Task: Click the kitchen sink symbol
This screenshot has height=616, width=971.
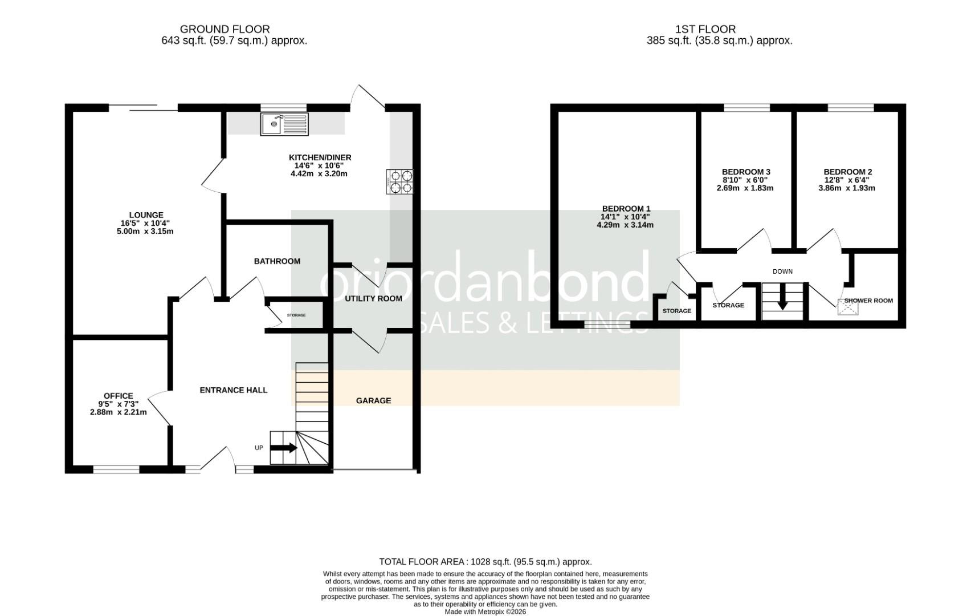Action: [x=284, y=124]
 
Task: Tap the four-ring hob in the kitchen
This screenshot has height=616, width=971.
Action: [x=399, y=182]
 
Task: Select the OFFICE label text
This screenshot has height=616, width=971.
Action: [x=119, y=396]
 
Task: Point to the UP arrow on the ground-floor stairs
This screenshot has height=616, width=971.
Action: [x=283, y=448]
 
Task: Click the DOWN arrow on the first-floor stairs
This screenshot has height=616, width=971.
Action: [x=782, y=298]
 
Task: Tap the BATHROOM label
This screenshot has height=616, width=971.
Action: [x=277, y=261]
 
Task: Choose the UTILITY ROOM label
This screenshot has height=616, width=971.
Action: [x=374, y=298]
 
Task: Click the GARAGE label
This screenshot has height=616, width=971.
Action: [x=374, y=400]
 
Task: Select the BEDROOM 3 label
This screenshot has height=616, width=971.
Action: [x=746, y=172]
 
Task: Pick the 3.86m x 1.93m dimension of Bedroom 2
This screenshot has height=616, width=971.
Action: [x=847, y=188]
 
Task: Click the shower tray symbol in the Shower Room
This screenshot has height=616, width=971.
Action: [x=847, y=307]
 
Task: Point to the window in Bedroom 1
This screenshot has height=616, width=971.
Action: [x=607, y=325]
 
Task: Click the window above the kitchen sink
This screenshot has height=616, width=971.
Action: [x=284, y=107]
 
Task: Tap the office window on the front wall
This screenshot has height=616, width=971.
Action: [x=116, y=469]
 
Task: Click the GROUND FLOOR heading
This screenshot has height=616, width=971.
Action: [x=225, y=29]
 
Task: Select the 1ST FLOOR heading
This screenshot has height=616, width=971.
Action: [x=705, y=29]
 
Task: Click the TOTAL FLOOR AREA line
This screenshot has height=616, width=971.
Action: [x=486, y=562]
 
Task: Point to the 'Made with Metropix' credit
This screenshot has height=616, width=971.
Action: [x=486, y=611]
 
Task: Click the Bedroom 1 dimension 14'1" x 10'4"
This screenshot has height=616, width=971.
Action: [x=625, y=217]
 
